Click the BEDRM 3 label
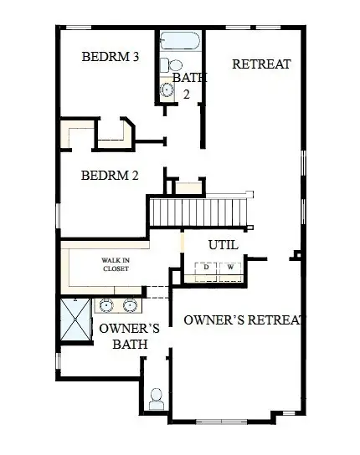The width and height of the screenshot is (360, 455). [110, 57]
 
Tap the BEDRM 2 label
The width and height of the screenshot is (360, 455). [110, 176]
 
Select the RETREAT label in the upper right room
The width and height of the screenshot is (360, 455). [261, 64]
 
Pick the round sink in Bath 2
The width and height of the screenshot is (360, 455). [166, 91]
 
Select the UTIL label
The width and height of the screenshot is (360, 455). [223, 245]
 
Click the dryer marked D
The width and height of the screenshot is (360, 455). [203, 268]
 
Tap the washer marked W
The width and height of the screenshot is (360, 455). [230, 268]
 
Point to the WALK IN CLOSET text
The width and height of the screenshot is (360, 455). [116, 264]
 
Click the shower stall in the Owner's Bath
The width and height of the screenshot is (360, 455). [75, 319]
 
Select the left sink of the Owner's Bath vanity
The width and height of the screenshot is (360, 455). [108, 305]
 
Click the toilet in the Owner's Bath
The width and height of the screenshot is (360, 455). [156, 398]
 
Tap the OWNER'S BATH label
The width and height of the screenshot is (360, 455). [123, 335]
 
